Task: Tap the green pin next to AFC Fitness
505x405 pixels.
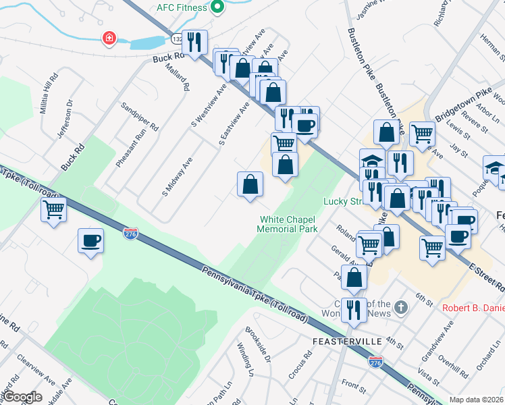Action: (217, 7)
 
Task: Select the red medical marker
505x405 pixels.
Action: (109, 38)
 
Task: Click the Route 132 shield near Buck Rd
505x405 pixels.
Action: (177, 40)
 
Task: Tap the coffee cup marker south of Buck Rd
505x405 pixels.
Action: (90, 241)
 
